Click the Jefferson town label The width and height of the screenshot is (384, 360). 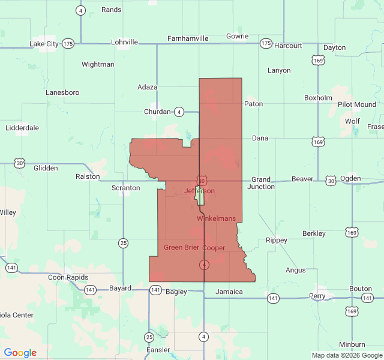coord(199,191)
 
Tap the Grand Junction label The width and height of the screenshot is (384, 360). coord(261,183)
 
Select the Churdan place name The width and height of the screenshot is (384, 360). coord(158,112)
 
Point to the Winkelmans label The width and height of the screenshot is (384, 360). coord(216,218)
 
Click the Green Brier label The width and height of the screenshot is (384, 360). coord(181,247)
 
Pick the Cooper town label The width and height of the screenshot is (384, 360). coord(214,247)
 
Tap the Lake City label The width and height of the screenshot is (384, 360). coord(44,44)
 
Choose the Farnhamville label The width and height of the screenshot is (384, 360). coord(188,38)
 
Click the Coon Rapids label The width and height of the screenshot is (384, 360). coord(68,277)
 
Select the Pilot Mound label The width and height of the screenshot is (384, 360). coord(356,104)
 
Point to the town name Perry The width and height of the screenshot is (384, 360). coord(317,296)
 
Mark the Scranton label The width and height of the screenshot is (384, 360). coord(126,188)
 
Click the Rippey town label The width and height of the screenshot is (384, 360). coord(276,240)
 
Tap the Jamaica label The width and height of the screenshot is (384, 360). coord(229,292)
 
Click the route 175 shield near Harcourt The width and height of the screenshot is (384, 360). coord(266,44)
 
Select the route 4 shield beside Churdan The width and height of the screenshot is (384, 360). coord(179,112)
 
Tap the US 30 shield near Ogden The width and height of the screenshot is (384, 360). coord(331,180)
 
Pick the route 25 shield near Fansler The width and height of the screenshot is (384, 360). coord(149,337)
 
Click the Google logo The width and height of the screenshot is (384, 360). coord(20,353)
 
